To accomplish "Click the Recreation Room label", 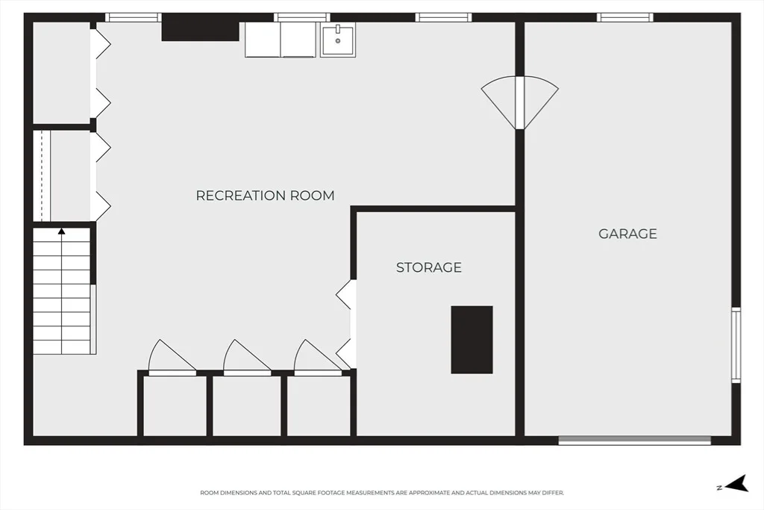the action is [x=265, y=196].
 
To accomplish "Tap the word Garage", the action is [x=627, y=234].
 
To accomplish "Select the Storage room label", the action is [x=429, y=267].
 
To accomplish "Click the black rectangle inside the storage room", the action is [x=472, y=340].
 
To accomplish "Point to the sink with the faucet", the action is [x=338, y=40].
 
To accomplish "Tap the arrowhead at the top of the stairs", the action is [x=61, y=231].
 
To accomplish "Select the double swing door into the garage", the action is [x=520, y=102].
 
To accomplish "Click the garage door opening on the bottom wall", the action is [x=634, y=441].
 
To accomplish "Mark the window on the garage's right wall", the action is [x=736, y=345].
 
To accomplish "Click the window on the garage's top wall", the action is [x=625, y=18].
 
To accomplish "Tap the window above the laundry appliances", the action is [x=302, y=18].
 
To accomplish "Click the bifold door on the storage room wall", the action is [x=346, y=324].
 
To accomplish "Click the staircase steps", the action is [x=62, y=291].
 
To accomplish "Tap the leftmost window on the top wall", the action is [x=133, y=18].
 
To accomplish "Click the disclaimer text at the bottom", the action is [x=382, y=493].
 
